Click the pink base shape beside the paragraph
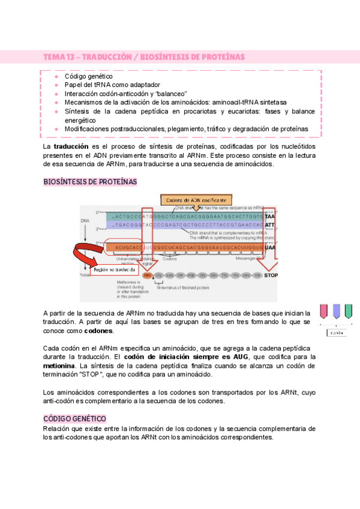pos(324,310)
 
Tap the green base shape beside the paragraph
pos(348,310)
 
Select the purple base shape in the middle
pos(336,310)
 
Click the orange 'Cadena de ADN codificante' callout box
pos(196,200)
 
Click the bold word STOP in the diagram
pos(271,276)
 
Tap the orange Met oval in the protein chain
pos(148,276)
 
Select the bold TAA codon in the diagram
pos(270,216)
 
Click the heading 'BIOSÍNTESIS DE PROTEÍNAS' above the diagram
pos(90,181)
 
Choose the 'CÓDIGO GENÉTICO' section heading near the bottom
pos(74,418)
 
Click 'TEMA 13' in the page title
pos(59,56)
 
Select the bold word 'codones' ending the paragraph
pos(99,331)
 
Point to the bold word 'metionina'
pos(59,365)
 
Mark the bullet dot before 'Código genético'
pos(56,77)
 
